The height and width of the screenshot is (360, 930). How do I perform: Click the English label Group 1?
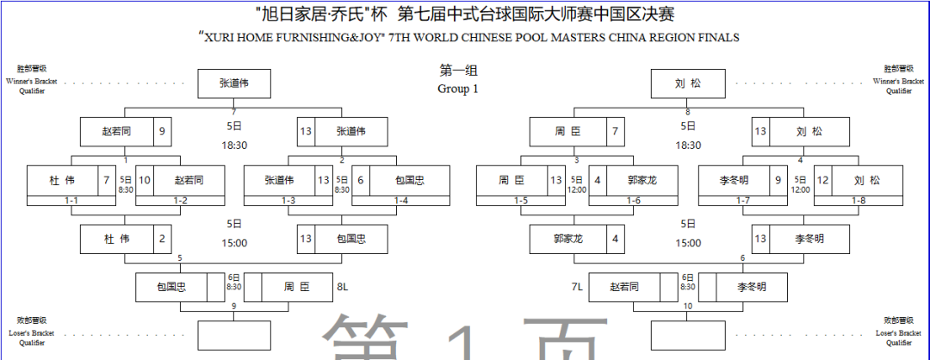(x=457, y=89)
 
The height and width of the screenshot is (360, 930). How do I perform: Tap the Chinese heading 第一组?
(x=457, y=71)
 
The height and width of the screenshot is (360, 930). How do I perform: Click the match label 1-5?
(x=521, y=201)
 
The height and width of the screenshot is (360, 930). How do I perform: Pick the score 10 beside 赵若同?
(x=146, y=180)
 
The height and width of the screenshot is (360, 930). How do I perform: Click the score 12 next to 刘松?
(x=823, y=180)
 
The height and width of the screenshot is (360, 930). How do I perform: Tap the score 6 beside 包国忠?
(x=362, y=180)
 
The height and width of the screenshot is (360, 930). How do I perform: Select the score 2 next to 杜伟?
(x=163, y=239)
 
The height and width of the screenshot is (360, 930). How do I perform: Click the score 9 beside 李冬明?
(x=778, y=180)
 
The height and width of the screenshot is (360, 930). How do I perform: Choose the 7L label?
(x=578, y=286)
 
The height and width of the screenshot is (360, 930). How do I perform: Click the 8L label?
(x=343, y=286)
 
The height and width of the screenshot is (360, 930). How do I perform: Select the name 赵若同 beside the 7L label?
(x=626, y=287)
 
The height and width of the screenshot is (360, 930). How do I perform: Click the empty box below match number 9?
(x=233, y=334)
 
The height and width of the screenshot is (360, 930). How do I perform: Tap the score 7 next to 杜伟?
(x=106, y=180)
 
